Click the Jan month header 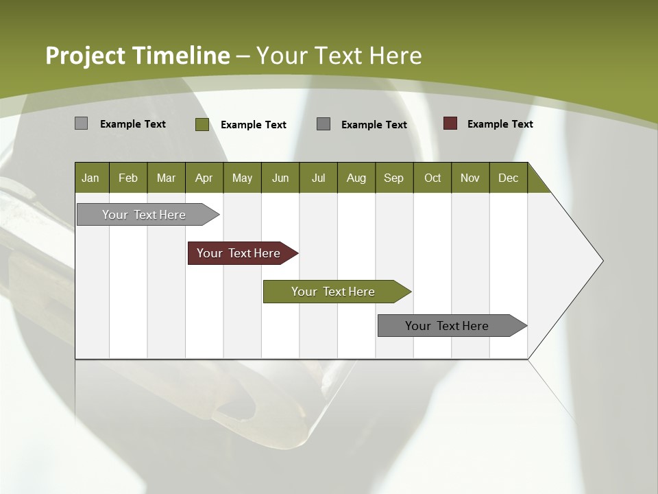[x=90, y=178]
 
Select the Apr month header [x=204, y=178]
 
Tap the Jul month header [x=318, y=178]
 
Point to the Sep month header [x=393, y=178]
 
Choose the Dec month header [x=508, y=178]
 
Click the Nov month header [x=470, y=178]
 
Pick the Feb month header [x=128, y=178]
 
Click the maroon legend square [x=450, y=123]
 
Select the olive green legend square [x=202, y=124]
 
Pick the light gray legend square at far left [x=81, y=123]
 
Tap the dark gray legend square [x=324, y=124]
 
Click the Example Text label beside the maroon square [x=500, y=124]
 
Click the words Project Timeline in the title [x=137, y=56]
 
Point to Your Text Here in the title [x=339, y=56]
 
